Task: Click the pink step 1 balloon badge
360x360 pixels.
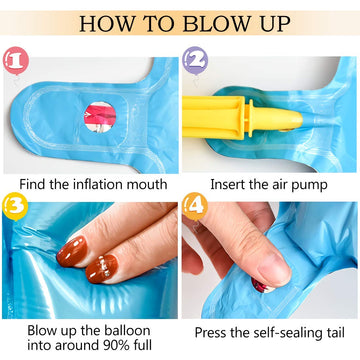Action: click(x=16, y=61)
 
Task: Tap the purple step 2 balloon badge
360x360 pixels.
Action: click(x=195, y=60)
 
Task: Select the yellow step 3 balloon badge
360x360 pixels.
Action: click(x=15, y=207)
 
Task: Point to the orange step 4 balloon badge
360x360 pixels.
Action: click(x=195, y=207)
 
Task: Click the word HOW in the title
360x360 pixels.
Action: click(x=103, y=23)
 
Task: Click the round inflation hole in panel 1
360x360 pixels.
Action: click(x=100, y=117)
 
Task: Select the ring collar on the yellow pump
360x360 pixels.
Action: click(x=249, y=118)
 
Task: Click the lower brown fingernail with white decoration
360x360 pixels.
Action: click(x=101, y=268)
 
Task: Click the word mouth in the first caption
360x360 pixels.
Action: click(x=148, y=184)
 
